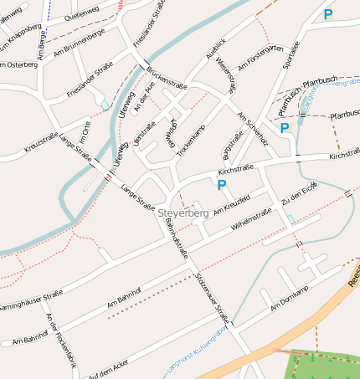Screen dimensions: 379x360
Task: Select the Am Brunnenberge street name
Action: pyautogui.click(x=78, y=44)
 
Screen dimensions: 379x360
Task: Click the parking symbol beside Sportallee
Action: pyautogui.click(x=327, y=14)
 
